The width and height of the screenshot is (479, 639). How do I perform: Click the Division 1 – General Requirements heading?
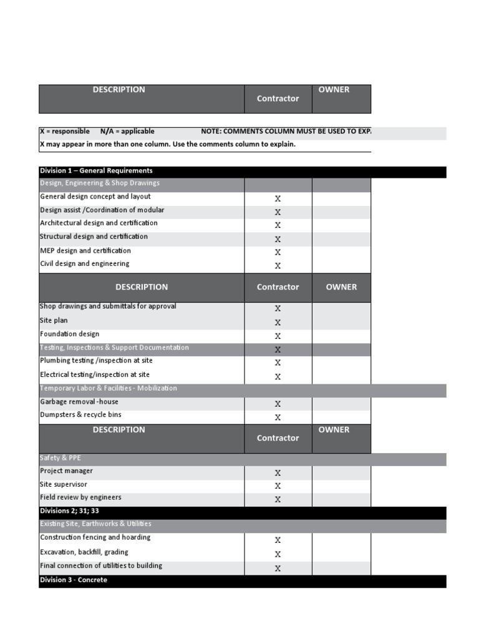tap(96, 171)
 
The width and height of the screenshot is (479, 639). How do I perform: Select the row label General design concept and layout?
tap(95, 197)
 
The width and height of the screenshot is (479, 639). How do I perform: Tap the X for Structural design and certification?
tap(278, 239)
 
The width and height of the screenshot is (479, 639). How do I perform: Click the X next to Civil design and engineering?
tap(278, 266)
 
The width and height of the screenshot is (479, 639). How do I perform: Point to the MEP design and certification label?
tap(85, 251)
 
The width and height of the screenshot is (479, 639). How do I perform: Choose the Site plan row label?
tap(54, 320)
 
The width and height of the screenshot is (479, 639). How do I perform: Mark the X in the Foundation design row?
tap(278, 336)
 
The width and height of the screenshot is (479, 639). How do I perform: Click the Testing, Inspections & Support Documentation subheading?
tap(114, 348)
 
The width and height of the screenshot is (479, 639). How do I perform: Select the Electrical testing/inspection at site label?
tap(95, 375)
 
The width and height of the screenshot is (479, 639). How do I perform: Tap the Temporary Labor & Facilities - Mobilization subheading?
tap(109, 388)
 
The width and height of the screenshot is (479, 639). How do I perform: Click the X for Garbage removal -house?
tap(278, 404)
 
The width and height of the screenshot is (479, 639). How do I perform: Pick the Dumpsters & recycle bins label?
tap(80, 415)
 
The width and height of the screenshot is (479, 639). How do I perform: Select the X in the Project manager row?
tap(278, 473)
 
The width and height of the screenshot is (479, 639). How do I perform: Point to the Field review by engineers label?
tap(80, 498)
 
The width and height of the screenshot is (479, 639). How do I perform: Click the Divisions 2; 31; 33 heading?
tap(69, 511)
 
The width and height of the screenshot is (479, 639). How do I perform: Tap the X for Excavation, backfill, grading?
tap(278, 554)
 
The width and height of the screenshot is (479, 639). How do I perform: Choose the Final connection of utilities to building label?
tap(101, 566)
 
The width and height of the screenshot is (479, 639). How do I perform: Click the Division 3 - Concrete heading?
tap(74, 580)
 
